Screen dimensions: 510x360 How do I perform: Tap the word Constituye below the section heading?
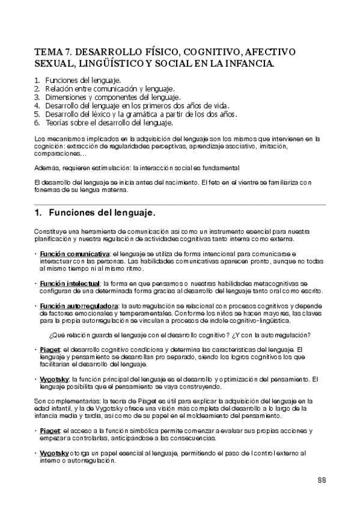(49, 231)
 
